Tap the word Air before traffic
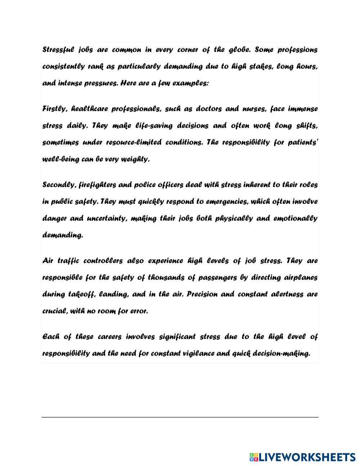point(48,261)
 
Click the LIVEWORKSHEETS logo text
point(307,457)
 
